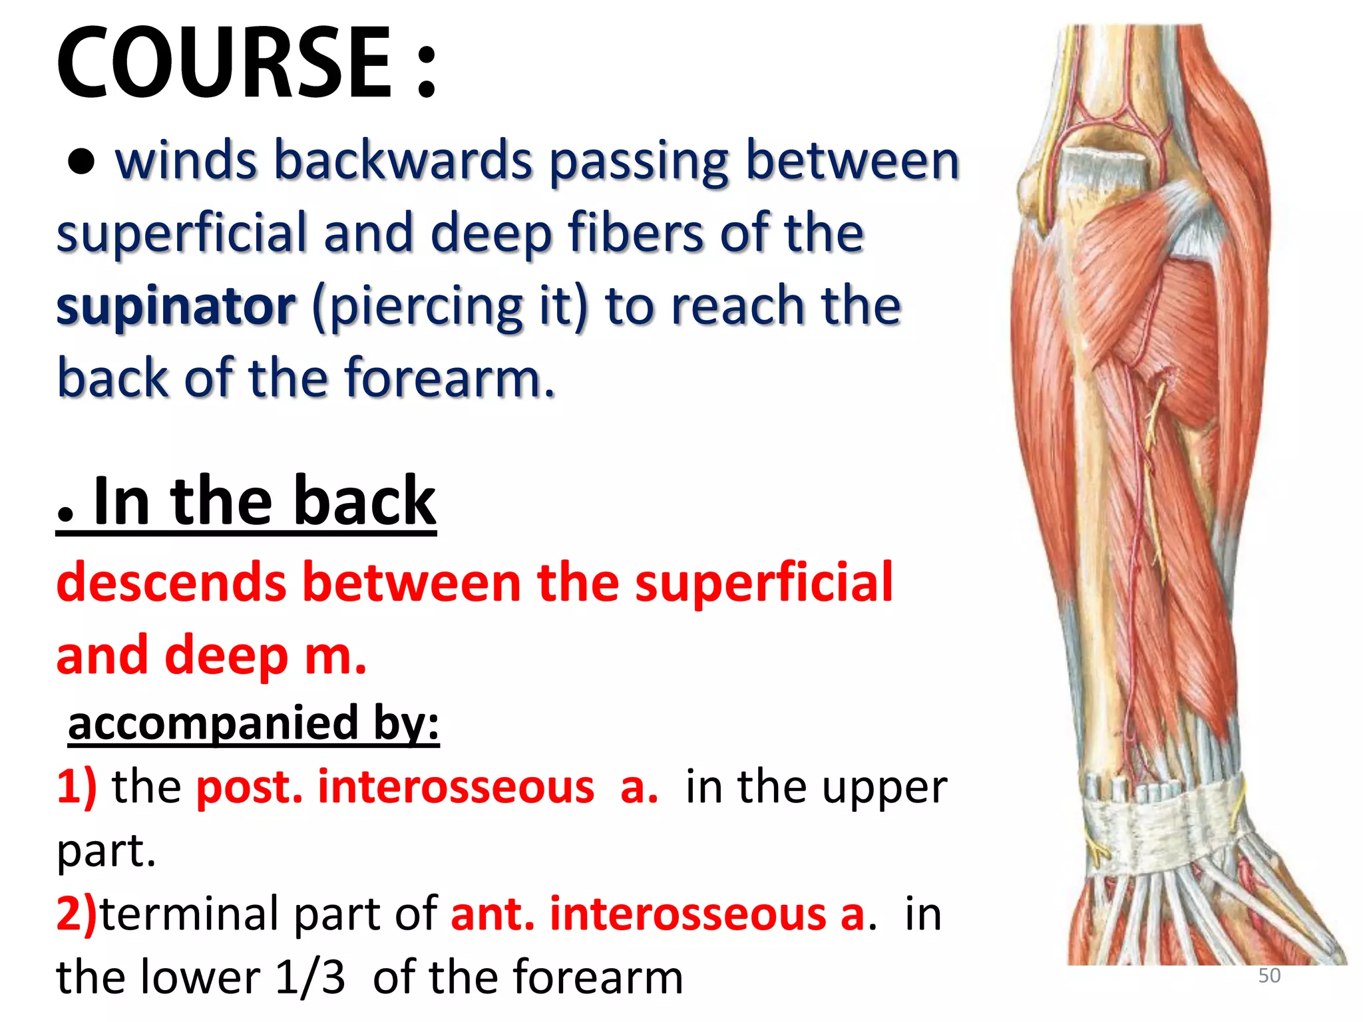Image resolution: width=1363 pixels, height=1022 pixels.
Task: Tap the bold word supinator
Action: (x=176, y=306)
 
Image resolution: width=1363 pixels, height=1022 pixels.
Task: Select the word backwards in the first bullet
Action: (x=403, y=161)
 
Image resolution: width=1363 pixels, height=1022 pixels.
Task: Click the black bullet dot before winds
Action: (x=81, y=162)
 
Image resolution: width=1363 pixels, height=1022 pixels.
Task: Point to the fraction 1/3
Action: (x=310, y=978)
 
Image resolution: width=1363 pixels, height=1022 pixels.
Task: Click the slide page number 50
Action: (x=1269, y=976)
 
